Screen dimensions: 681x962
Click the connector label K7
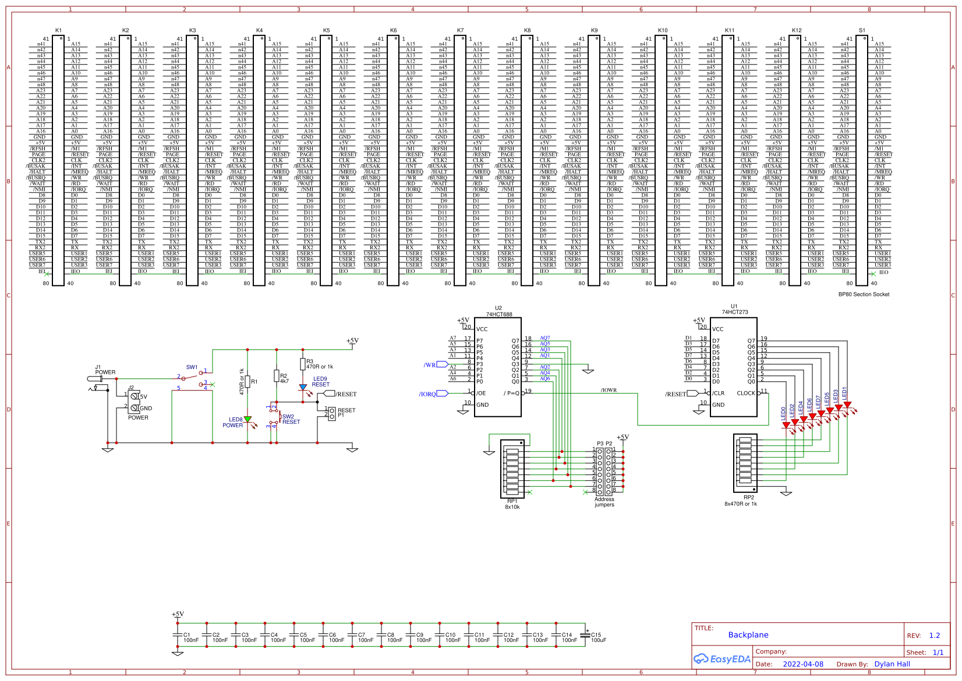(460, 30)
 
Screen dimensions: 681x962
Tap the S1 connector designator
(862, 30)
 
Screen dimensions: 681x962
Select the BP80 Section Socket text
(864, 295)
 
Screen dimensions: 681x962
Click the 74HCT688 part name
(499, 314)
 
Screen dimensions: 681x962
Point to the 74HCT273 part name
(735, 312)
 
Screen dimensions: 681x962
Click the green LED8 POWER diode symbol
(247, 419)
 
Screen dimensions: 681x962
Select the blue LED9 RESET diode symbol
(303, 387)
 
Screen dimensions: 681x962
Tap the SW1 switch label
(192, 367)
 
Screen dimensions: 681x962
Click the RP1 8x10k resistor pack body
(512, 469)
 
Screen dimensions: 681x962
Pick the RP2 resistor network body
(745, 463)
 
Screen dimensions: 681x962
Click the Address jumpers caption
(604, 502)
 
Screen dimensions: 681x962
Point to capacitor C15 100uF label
(598, 637)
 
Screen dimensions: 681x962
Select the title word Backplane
(748, 635)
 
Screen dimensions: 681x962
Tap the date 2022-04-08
(803, 664)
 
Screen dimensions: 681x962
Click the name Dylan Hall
(892, 664)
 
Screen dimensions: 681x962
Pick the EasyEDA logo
(722, 659)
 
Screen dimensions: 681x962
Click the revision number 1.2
(935, 636)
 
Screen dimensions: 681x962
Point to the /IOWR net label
(609, 390)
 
